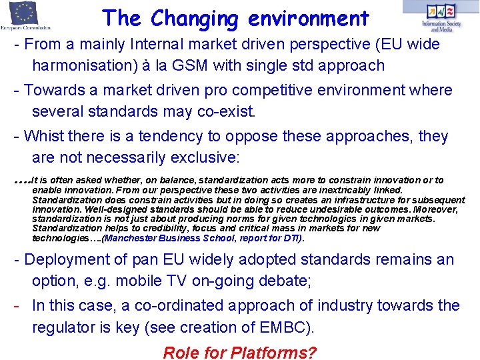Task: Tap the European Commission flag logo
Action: [25, 15]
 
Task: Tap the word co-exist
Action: [227, 111]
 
